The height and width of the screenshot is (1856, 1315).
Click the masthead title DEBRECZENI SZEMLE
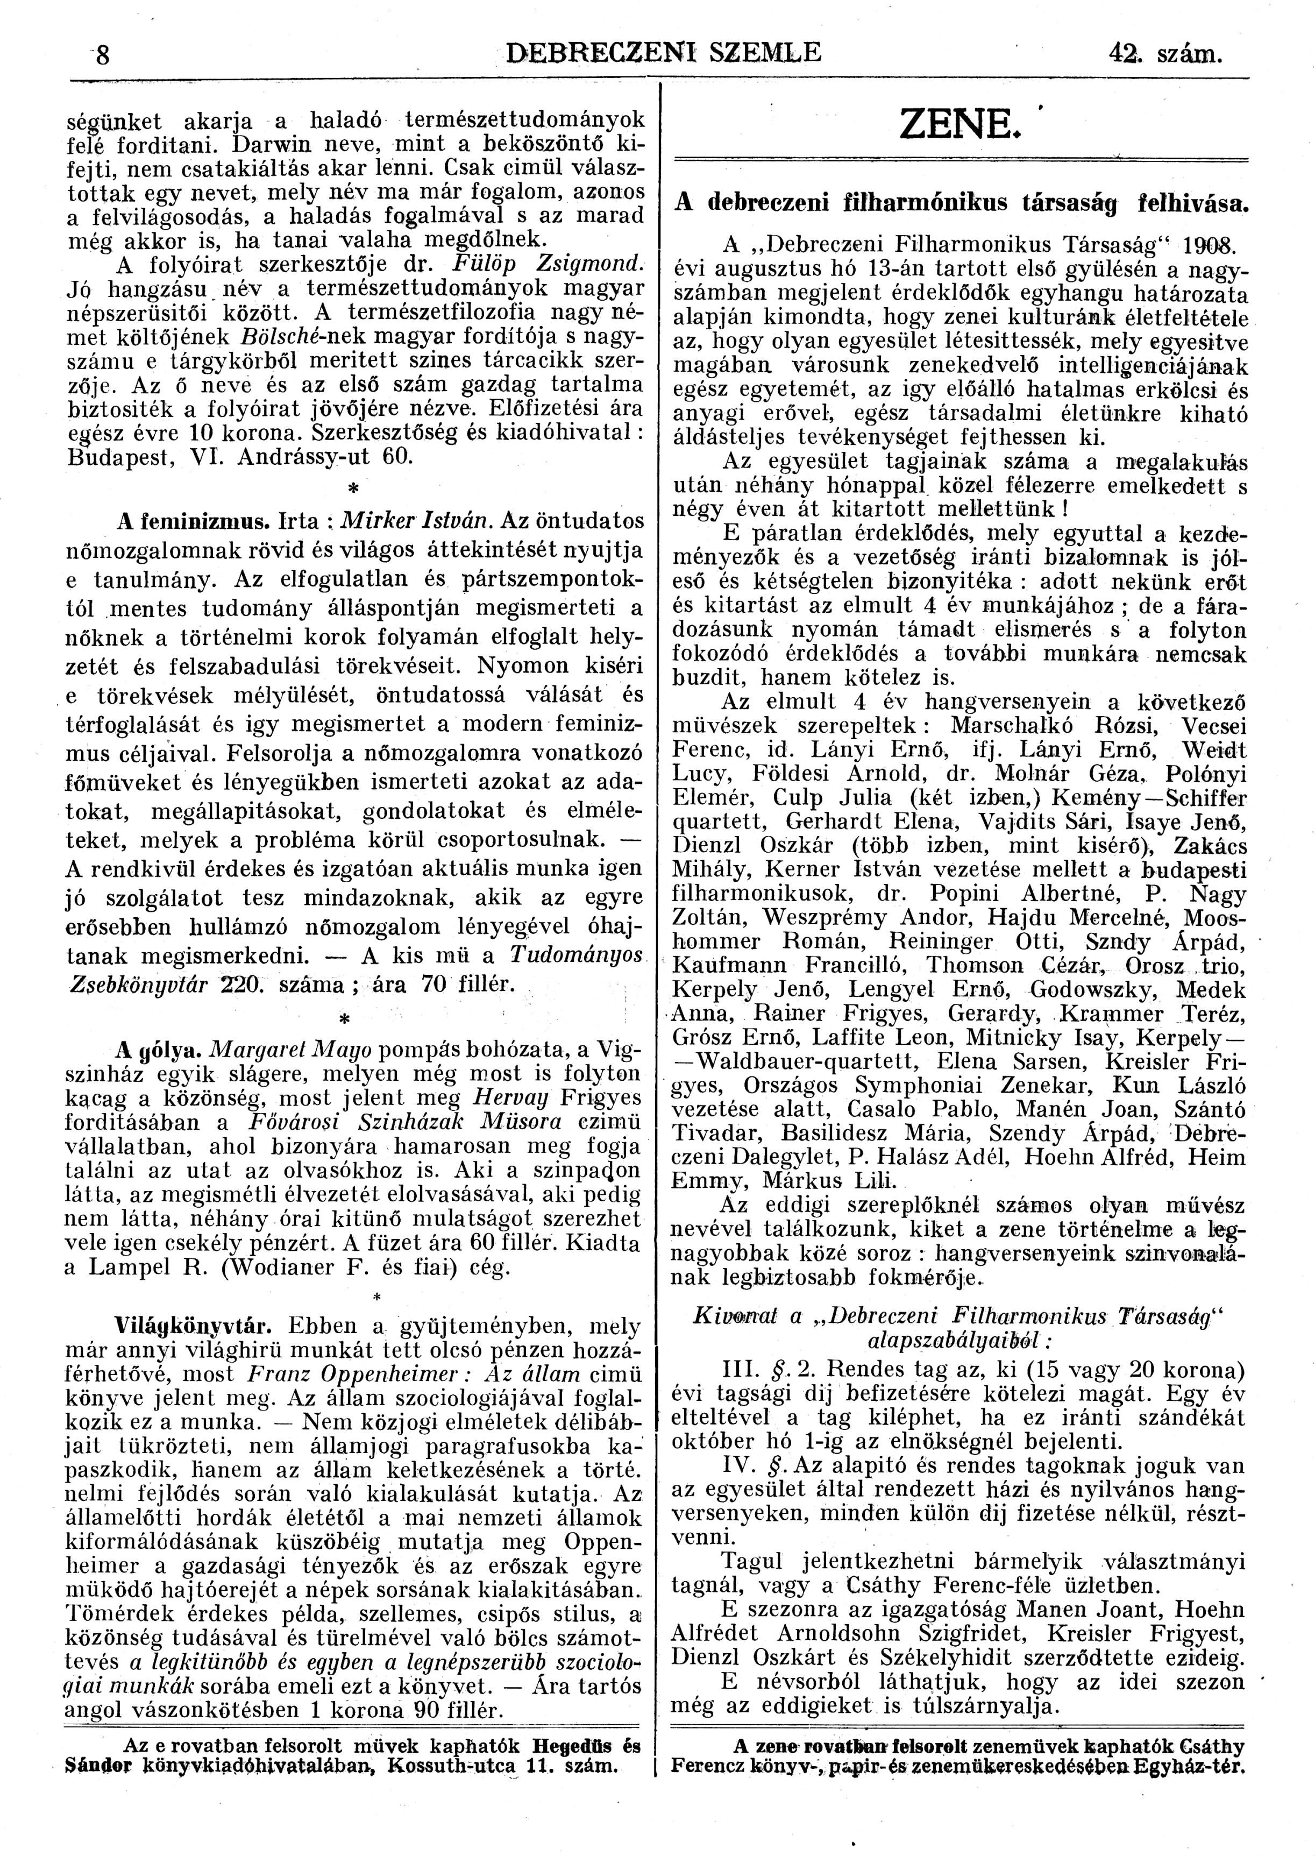[x=663, y=53]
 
